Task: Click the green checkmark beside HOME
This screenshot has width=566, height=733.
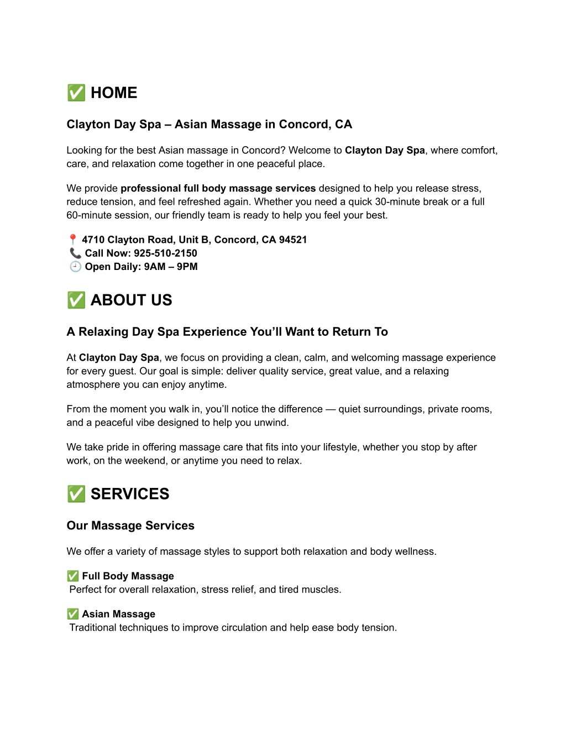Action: (x=76, y=93)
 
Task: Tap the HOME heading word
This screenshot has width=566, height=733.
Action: (x=114, y=93)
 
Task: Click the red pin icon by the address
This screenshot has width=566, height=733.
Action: (x=72, y=240)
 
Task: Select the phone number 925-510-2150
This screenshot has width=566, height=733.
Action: (x=165, y=253)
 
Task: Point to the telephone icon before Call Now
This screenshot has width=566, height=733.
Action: (x=75, y=253)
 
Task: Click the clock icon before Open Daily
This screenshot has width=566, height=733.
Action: (x=75, y=267)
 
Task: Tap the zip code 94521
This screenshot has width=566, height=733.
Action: (x=293, y=240)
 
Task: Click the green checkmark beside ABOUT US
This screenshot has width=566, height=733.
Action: (x=76, y=300)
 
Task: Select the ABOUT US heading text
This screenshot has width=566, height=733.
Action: (x=132, y=300)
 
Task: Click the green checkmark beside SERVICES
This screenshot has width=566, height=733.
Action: (x=76, y=494)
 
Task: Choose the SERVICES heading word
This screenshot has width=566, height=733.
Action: (x=130, y=494)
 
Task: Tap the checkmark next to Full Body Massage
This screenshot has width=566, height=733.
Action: (x=72, y=576)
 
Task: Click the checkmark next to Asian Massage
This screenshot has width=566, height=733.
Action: (x=72, y=614)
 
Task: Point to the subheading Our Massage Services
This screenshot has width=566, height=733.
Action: (x=130, y=526)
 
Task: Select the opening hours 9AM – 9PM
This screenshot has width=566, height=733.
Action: (x=171, y=267)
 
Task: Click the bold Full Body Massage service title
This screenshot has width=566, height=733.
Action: (x=128, y=576)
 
